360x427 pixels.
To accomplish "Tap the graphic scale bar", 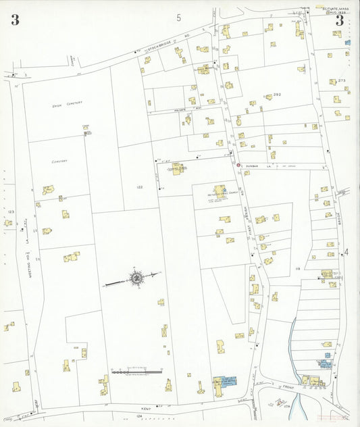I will point(137,371).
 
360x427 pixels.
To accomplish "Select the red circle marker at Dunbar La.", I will point(238,165).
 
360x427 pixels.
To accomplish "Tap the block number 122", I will point(140,187).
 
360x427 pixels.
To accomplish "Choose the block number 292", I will point(276,95).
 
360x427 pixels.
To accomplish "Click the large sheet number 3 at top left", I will point(15,20).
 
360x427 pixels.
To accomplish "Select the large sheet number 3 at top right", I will point(340,21).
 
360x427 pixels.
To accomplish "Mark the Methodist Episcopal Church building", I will point(220,193).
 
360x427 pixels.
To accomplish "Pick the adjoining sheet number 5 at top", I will point(179,18).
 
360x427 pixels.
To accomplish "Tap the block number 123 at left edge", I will point(9,212).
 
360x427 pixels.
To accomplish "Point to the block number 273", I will point(342,81).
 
